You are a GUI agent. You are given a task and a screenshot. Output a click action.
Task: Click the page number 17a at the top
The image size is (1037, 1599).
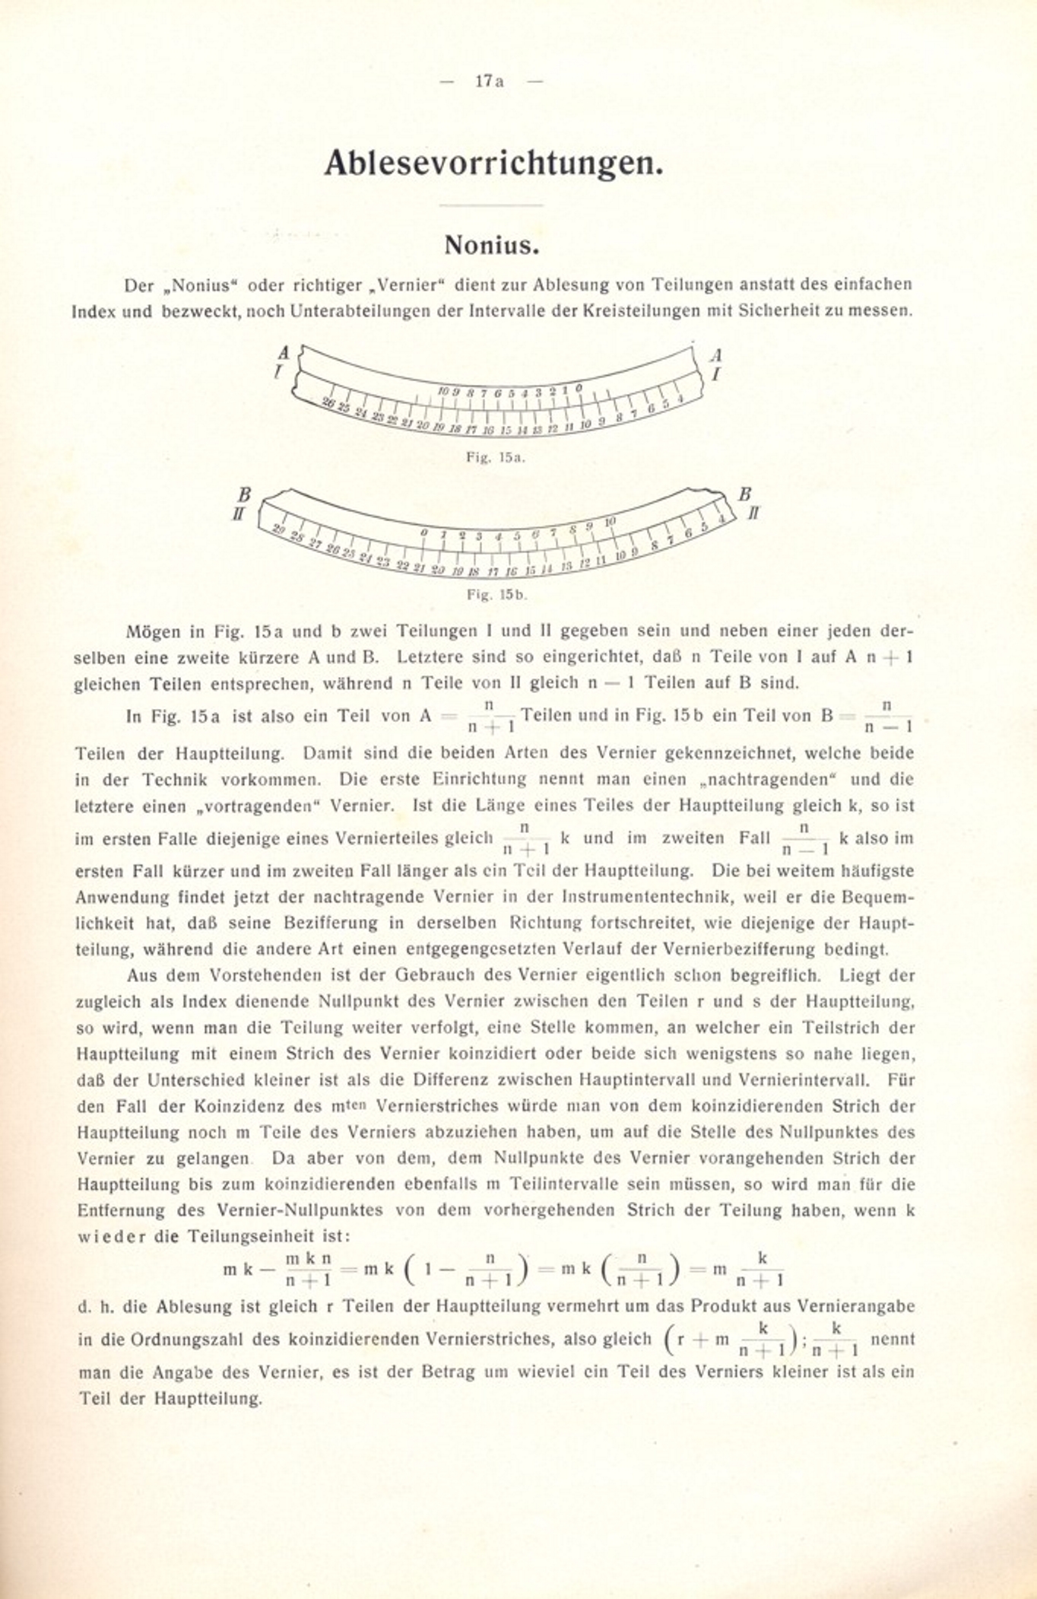[x=490, y=81]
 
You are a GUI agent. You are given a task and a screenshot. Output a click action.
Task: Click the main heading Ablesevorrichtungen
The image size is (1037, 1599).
[x=493, y=163]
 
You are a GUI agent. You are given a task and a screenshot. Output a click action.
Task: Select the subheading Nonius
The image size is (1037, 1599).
[x=492, y=246]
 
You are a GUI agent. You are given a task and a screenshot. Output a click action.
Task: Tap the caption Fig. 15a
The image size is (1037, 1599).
[x=496, y=458]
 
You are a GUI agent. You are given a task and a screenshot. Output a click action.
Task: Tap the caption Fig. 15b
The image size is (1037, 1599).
[x=496, y=594]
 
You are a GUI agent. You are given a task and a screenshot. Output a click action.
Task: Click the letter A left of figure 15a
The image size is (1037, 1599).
[x=284, y=353]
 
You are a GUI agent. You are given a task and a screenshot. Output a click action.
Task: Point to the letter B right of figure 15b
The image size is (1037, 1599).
[x=744, y=495]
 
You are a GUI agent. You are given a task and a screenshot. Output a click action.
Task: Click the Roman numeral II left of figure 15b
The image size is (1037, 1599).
[x=239, y=514]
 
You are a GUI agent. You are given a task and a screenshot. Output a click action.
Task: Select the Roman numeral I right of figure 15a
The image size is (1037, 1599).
[x=715, y=374]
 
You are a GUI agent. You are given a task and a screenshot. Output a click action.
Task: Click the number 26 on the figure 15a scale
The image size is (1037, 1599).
[x=329, y=402]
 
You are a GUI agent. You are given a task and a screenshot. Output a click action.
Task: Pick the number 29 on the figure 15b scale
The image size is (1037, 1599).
[x=279, y=530]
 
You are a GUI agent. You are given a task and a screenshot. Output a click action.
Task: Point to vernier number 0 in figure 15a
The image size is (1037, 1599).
[x=579, y=388]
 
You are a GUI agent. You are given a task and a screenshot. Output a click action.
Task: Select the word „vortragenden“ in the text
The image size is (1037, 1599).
[x=173, y=806]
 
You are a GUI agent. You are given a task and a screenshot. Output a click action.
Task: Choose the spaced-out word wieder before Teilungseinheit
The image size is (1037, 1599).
[x=112, y=1236]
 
